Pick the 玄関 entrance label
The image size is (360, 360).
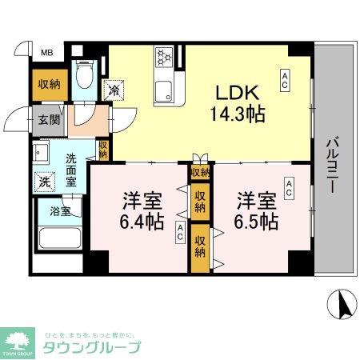[x=46, y=120]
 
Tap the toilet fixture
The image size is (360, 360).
[x=84, y=78]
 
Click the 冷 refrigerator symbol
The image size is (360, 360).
[x=114, y=90]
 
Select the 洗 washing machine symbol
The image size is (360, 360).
[x=44, y=181]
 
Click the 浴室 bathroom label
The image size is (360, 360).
[x=59, y=212]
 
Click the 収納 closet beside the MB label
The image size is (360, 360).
[x=46, y=82]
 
